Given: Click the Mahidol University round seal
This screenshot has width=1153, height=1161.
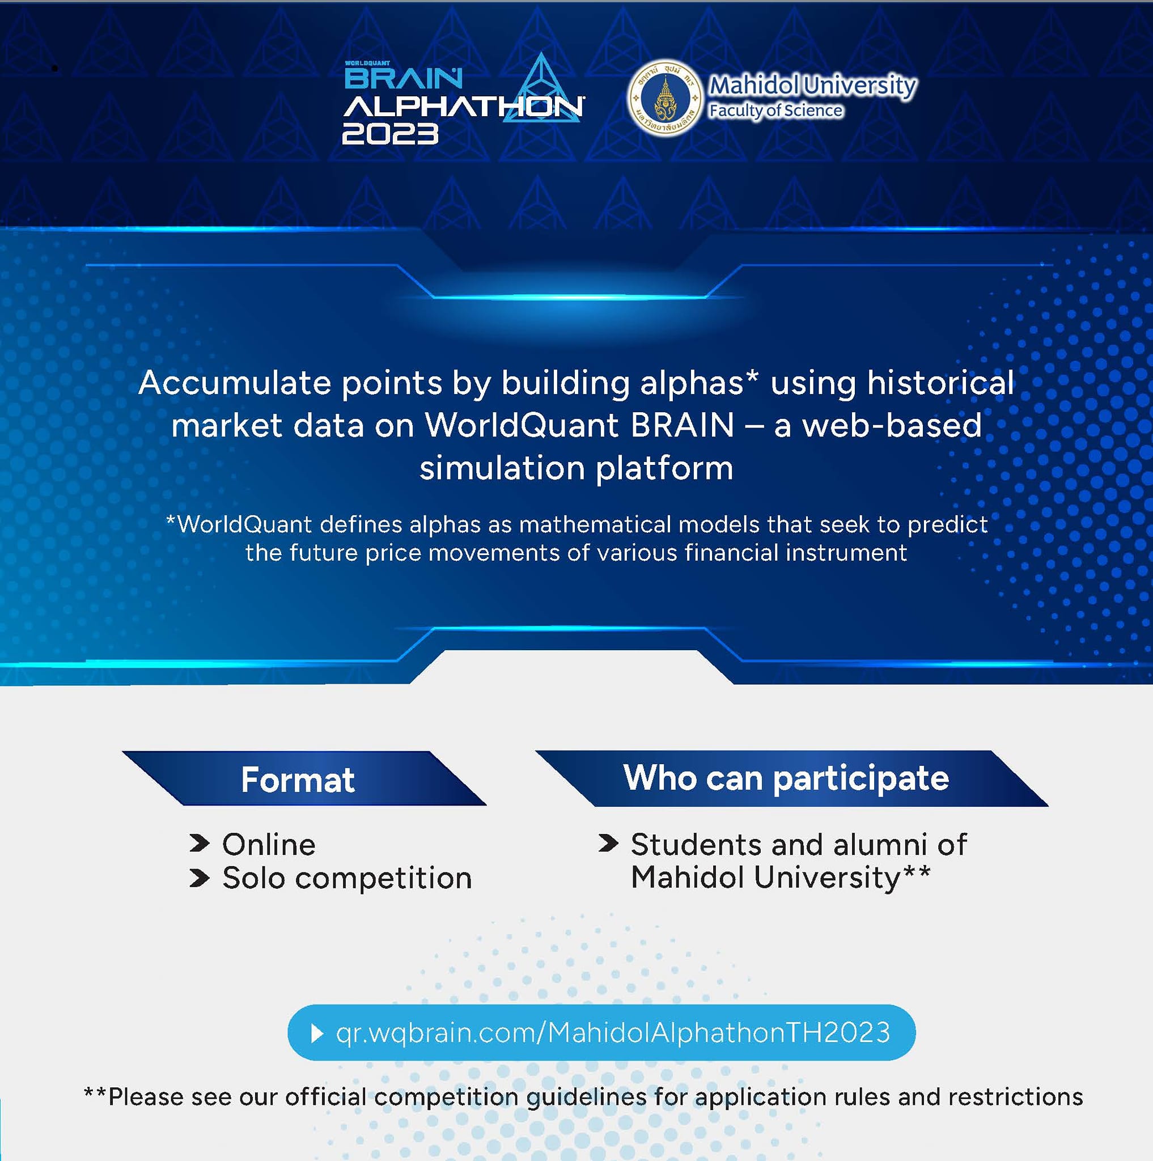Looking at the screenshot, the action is (x=664, y=98).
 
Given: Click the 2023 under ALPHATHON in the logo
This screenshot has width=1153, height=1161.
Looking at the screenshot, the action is (x=390, y=133).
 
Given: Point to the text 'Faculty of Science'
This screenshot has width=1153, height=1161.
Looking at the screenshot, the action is (x=775, y=111).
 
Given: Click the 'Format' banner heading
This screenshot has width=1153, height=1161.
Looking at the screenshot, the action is (x=298, y=779).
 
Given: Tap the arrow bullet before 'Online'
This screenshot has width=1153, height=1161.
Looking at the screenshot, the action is (x=200, y=844).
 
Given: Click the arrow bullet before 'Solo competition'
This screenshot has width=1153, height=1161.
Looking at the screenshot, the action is (x=200, y=878).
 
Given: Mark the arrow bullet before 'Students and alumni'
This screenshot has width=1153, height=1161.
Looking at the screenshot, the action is (x=609, y=844).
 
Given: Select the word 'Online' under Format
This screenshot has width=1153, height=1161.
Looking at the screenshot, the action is (x=269, y=844).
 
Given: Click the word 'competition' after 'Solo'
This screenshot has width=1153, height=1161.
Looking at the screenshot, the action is (x=383, y=879).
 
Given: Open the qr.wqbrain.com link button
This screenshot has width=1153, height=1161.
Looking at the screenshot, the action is (x=601, y=1032).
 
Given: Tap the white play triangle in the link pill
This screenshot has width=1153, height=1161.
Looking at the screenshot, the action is (x=317, y=1033).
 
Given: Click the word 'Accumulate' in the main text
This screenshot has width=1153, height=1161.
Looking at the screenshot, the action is (x=235, y=383).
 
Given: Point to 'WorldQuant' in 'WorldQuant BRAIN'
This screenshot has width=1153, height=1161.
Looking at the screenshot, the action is (x=522, y=426).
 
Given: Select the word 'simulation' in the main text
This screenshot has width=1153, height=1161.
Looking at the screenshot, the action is (x=502, y=468).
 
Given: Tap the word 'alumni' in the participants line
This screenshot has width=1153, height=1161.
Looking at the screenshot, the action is (x=880, y=844).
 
